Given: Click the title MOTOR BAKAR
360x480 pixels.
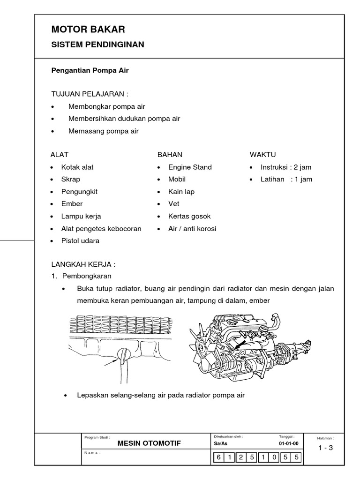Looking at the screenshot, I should point(88,30).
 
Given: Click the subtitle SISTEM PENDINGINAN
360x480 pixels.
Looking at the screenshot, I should point(97,45).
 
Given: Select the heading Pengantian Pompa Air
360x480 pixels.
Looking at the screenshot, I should point(90,70).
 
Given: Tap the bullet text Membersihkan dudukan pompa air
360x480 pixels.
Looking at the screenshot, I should point(124,119).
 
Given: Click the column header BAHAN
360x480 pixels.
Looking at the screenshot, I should point(170,155).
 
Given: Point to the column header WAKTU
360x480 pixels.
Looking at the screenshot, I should point(263,155).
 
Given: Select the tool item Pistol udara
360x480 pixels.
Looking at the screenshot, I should point(80,241).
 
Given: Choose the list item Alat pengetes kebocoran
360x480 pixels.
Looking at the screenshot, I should point(101,229).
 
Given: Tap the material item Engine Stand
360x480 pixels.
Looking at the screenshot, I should point(190,167).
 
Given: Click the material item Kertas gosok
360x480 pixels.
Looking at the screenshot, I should point(189,216).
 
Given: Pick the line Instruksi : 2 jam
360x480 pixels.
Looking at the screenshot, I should point(286,167).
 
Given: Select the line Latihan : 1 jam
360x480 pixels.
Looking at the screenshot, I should point(286,179).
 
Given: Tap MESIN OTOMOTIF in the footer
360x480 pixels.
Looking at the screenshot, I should point(149,443).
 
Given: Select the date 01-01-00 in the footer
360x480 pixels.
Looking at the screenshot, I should point(288,443).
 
